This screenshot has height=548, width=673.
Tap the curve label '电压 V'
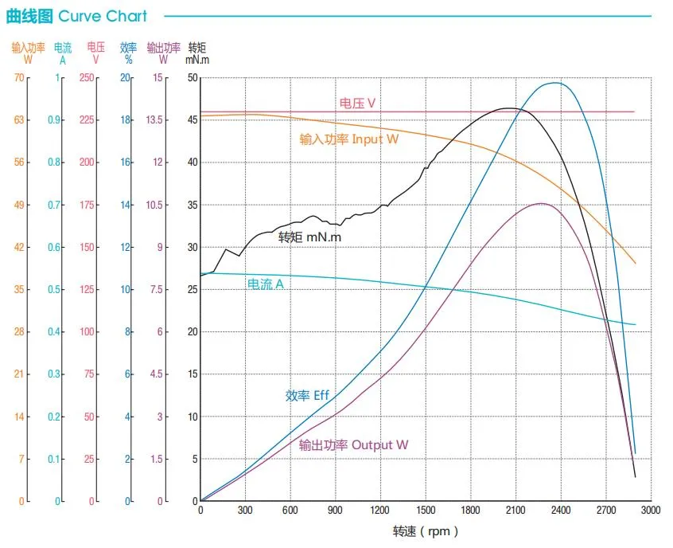[357, 103]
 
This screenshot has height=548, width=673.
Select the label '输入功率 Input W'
[348, 139]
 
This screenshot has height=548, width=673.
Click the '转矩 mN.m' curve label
[309, 237]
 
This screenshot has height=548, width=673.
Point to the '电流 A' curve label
[265, 284]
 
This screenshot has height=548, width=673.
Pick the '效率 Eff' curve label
[307, 395]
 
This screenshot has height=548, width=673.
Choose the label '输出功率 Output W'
[353, 444]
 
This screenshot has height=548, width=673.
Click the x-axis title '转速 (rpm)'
[426, 531]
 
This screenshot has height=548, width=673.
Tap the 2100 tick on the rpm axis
[515, 510]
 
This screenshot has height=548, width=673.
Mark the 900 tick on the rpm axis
[335, 510]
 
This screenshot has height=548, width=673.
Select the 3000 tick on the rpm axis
[651, 510]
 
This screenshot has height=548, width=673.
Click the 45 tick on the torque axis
[193, 120]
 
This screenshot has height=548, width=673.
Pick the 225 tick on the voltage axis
[87, 120]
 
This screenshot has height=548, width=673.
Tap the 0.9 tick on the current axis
[53, 120]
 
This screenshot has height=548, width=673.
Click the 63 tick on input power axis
[19, 120]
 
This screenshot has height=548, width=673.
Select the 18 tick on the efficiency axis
[125, 120]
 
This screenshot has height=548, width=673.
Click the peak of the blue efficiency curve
[555, 83]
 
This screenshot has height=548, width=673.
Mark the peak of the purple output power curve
[540, 203]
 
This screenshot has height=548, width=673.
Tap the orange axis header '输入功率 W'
[28, 53]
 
